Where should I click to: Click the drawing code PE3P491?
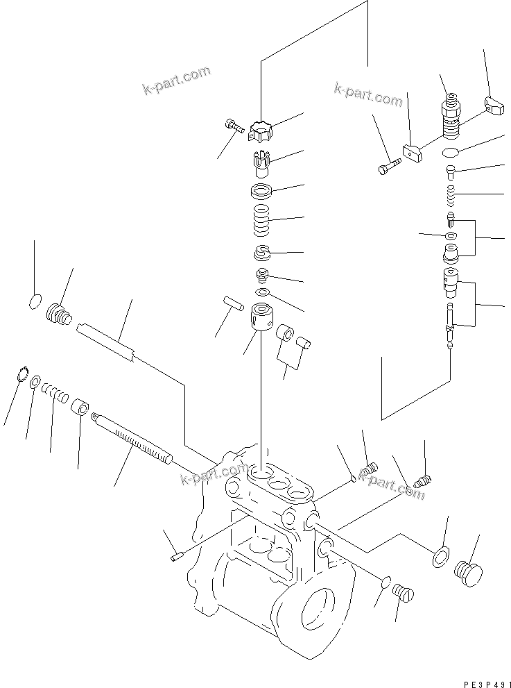click(x=479, y=682)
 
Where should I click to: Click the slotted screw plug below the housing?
click(x=403, y=594)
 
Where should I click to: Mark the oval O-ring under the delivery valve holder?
click(x=450, y=152)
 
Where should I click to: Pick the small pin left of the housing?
click(x=174, y=554)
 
